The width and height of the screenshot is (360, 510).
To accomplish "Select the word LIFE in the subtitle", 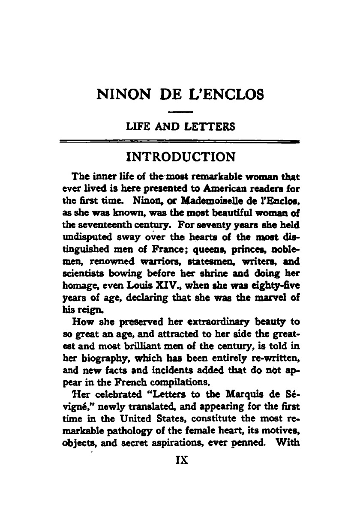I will click(x=134, y=127).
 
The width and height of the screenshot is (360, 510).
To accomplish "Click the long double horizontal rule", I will click(x=180, y=141).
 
